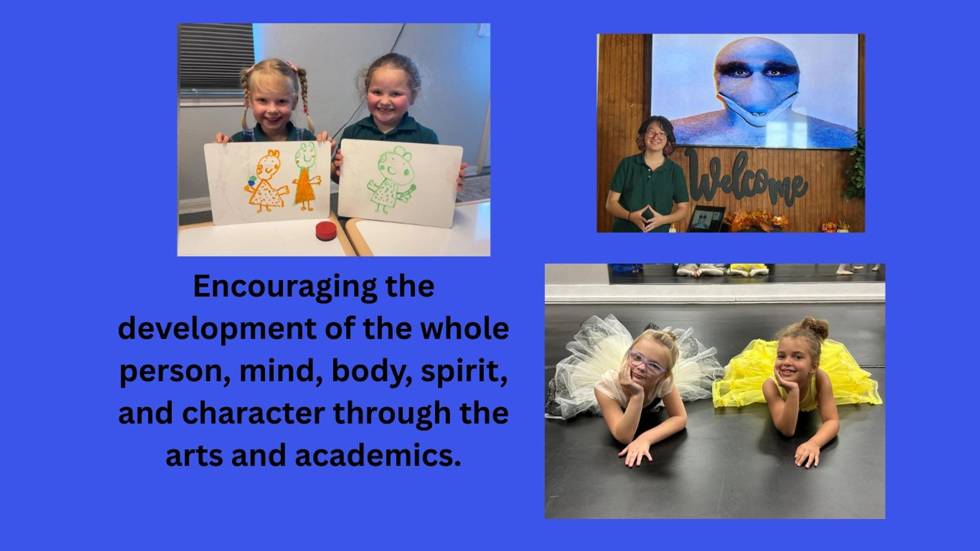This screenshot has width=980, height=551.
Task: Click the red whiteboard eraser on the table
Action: pos(326,231)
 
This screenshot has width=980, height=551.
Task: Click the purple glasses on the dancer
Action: pos(647,363)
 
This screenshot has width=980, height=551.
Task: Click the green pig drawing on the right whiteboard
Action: pos(393,180)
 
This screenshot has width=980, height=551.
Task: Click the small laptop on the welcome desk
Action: pos(706,219)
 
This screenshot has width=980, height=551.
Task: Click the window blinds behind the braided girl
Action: pos(216,58)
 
